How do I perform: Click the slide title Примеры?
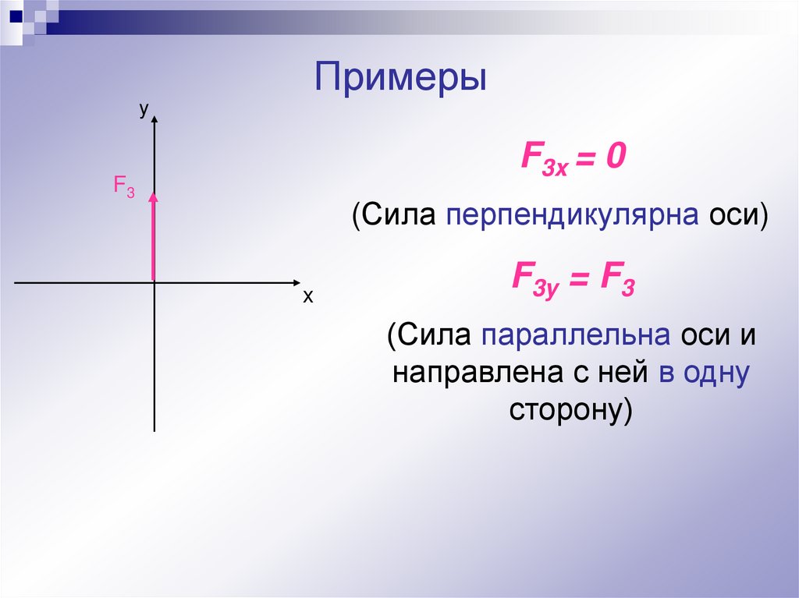(x=401, y=80)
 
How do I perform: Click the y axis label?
(x=144, y=111)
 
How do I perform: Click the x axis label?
(x=307, y=297)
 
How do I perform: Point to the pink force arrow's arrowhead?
(x=154, y=198)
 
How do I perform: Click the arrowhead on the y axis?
(x=155, y=119)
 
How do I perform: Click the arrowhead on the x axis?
(x=296, y=281)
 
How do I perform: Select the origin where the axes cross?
(x=154, y=281)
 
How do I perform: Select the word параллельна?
(x=577, y=336)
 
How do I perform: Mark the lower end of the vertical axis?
(x=154, y=428)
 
